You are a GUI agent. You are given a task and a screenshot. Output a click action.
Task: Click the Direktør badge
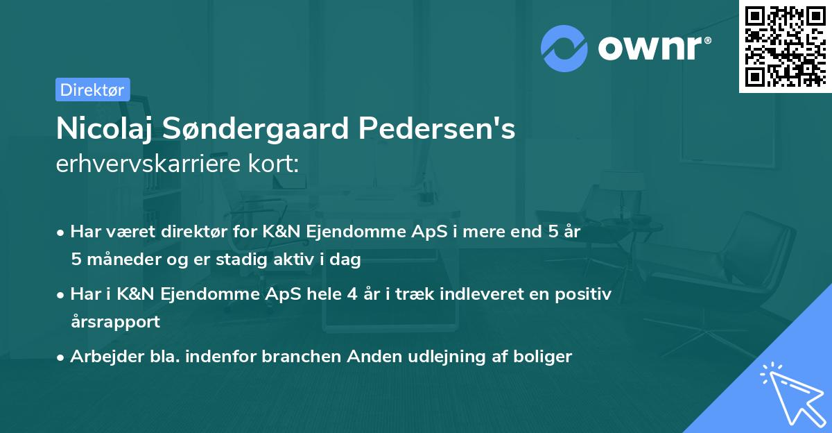point(92,90)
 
